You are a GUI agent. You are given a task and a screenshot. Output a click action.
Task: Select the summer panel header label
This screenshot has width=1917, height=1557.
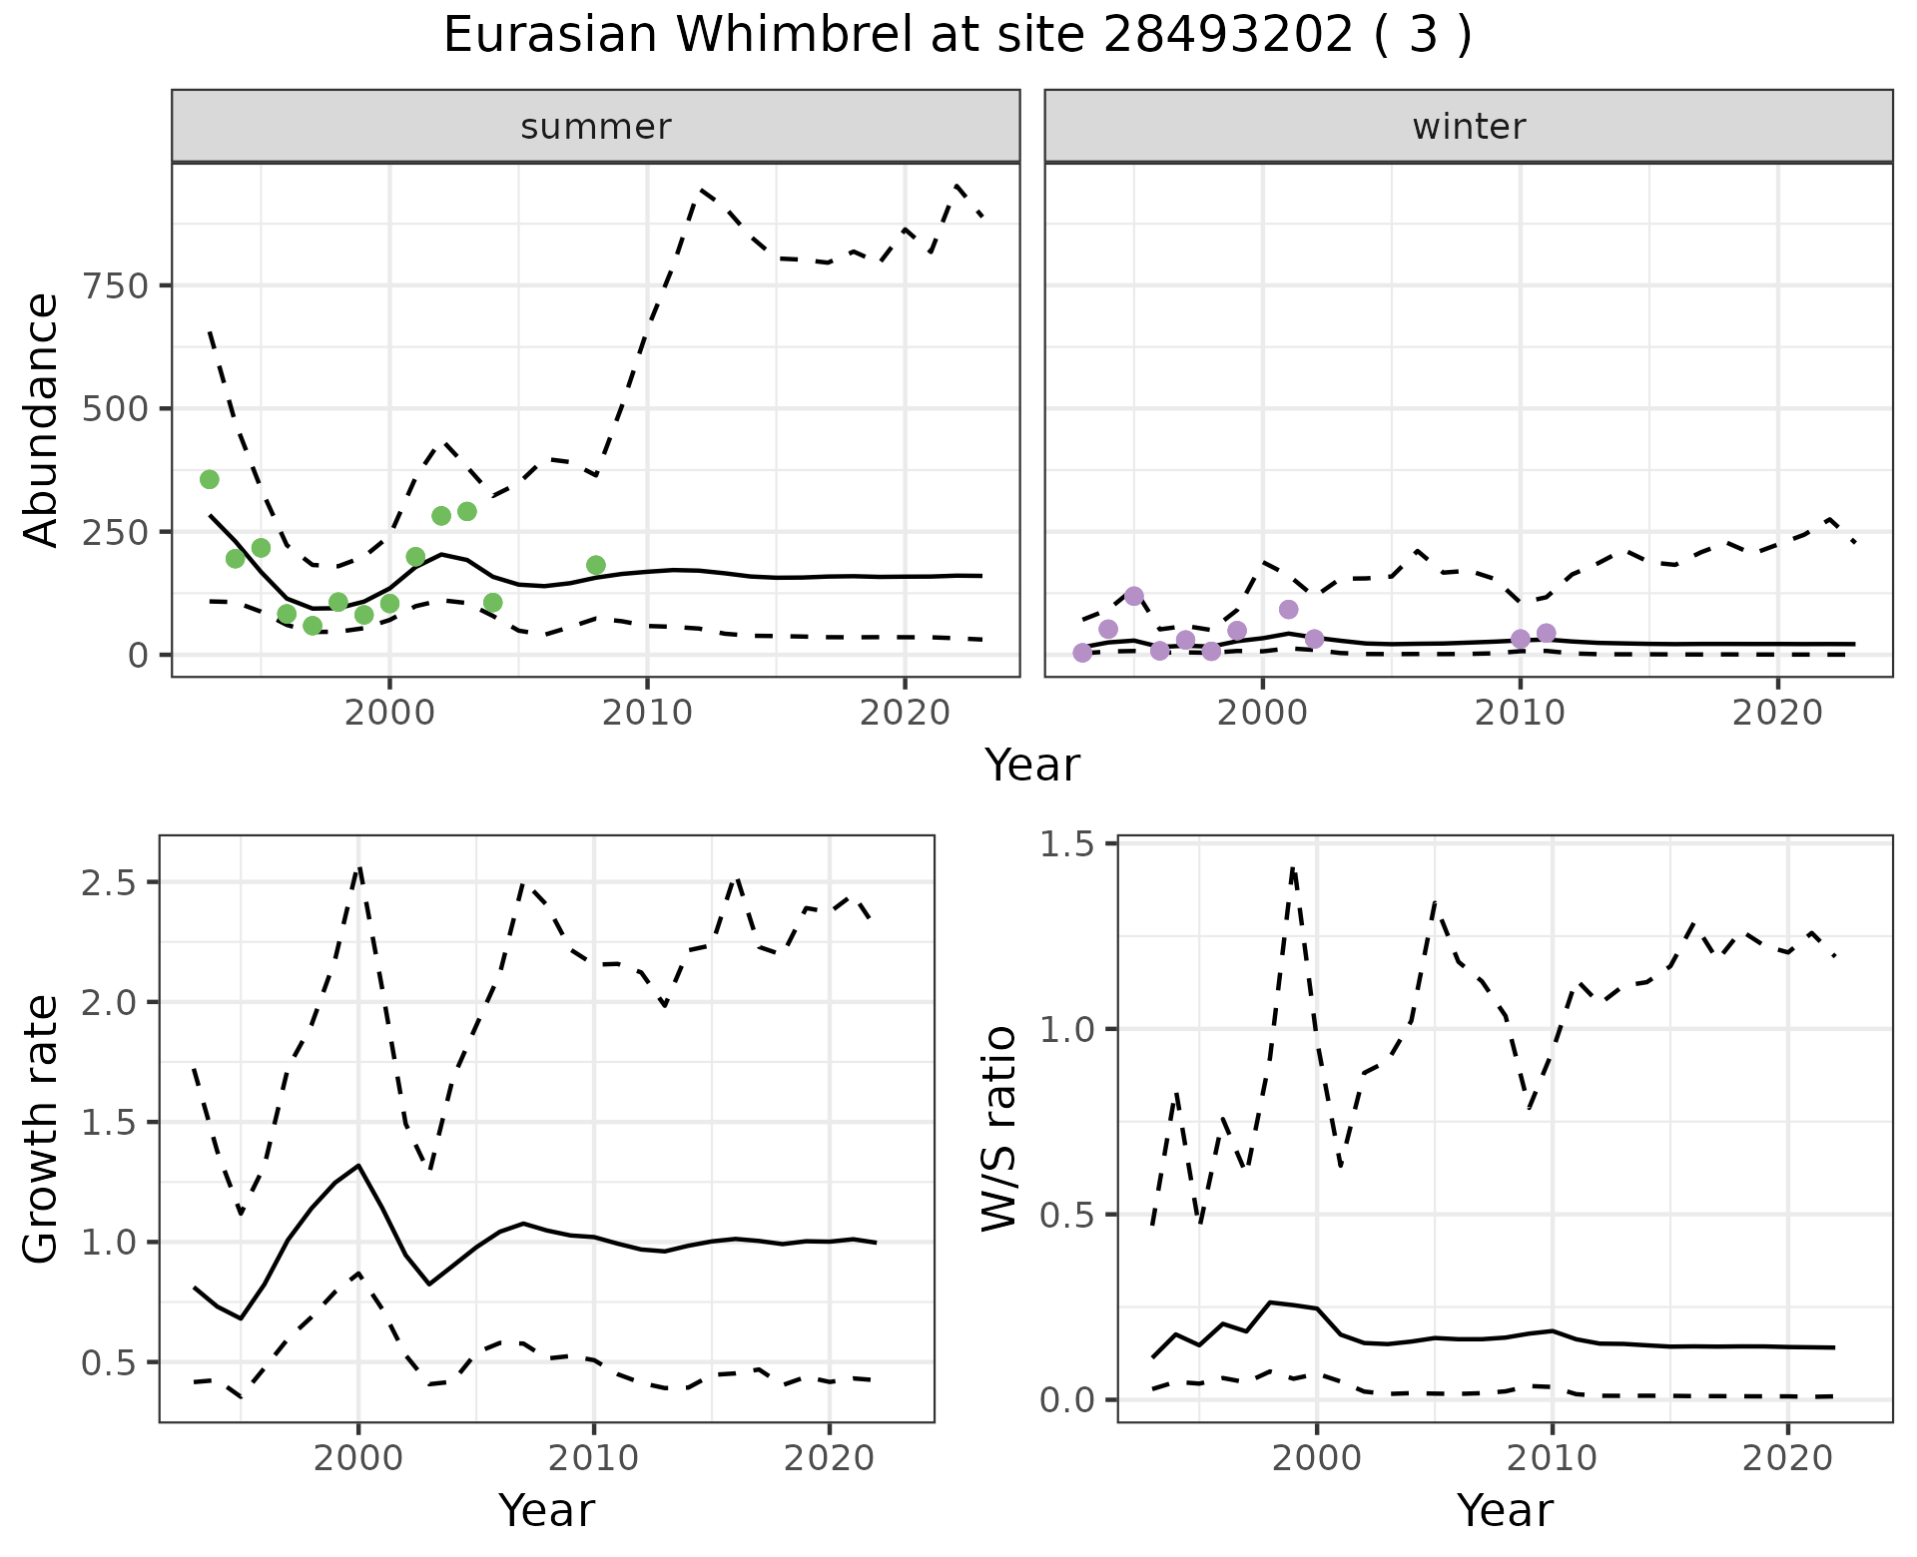click(x=596, y=127)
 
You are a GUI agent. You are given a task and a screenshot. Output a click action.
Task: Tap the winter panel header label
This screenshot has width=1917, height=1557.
click(x=1469, y=127)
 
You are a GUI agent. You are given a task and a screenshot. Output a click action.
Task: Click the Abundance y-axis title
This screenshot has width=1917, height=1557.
click(x=42, y=419)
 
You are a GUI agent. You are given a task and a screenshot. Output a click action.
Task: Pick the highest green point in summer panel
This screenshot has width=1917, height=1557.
click(x=210, y=479)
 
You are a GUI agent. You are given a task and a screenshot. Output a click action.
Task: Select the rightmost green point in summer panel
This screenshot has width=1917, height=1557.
click(x=596, y=565)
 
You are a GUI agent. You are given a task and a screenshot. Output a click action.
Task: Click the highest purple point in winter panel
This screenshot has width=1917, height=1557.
click(x=1134, y=596)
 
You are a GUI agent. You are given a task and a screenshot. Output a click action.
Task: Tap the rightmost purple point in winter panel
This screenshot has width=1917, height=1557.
click(x=1547, y=633)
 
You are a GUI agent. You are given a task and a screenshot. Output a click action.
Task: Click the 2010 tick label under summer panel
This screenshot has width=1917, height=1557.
click(x=647, y=713)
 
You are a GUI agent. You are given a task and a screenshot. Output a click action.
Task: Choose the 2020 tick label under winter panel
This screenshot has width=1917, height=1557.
click(x=1777, y=713)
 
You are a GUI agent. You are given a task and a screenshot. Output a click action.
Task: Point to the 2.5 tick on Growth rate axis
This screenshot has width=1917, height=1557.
click(x=113, y=883)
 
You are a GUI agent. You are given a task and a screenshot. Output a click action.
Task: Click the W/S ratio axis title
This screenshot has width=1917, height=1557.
click(x=999, y=1128)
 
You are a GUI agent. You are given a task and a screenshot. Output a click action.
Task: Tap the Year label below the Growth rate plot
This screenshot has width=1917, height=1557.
click(x=546, y=1510)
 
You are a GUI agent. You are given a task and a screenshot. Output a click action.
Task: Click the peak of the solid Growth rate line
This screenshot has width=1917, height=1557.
click(x=358, y=1165)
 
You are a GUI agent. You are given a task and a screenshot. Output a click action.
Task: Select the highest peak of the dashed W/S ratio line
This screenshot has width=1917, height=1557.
click(x=1293, y=868)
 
